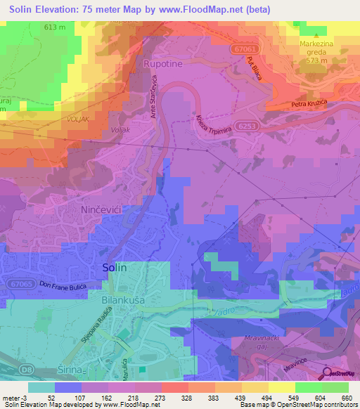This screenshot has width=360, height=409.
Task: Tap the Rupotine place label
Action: pyautogui.click(x=162, y=64)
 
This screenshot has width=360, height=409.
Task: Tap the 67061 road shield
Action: pyautogui.click(x=242, y=48)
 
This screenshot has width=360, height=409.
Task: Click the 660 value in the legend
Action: pyautogui.click(x=347, y=398)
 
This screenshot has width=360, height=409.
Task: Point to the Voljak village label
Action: pyautogui.click(x=121, y=131)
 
